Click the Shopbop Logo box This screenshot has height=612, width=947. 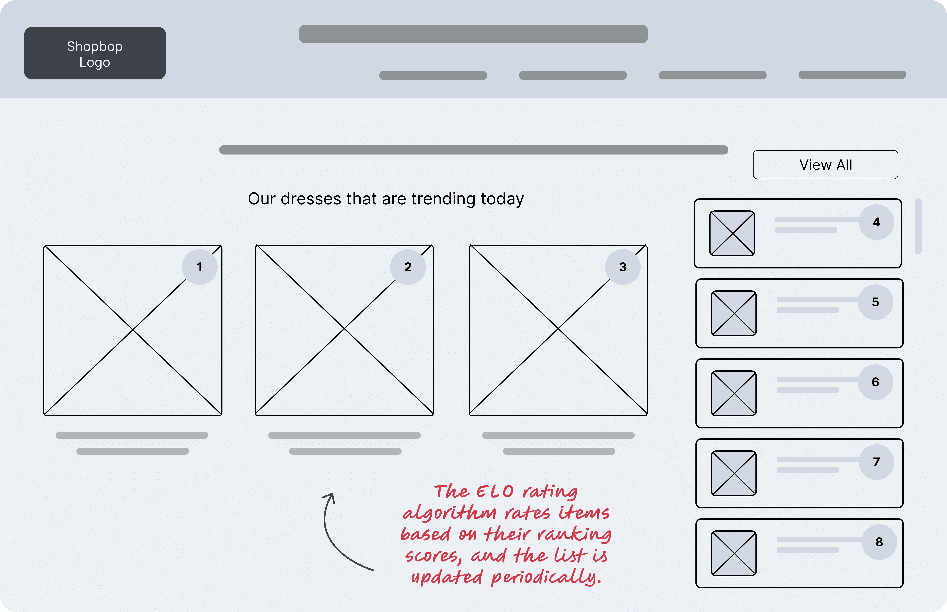(95, 53)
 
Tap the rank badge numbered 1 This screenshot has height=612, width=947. (199, 267)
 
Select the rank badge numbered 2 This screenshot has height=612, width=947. (408, 267)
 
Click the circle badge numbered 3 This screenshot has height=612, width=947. (623, 267)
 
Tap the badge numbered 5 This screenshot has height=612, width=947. (875, 302)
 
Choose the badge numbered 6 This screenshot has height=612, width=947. (875, 382)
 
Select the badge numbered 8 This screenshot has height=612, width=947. (879, 542)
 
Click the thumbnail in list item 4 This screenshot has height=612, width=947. (732, 233)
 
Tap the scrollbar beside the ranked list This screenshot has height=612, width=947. (918, 226)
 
